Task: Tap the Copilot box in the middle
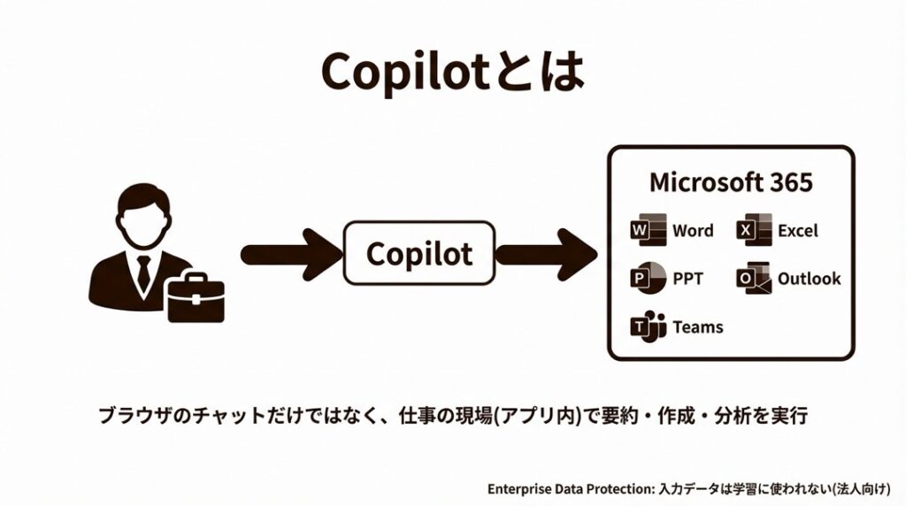[418, 253]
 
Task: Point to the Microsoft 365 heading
[731, 183]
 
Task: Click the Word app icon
[646, 231]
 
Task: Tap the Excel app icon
[753, 231]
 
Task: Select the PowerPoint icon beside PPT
[646, 279]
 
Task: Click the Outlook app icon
[753, 279]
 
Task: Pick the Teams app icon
[647, 326]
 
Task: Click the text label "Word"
[693, 231]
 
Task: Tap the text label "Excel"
[798, 231]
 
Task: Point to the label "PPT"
[687, 279]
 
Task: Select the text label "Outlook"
[809, 279]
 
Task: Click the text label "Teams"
[698, 326]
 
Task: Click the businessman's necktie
[142, 270]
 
